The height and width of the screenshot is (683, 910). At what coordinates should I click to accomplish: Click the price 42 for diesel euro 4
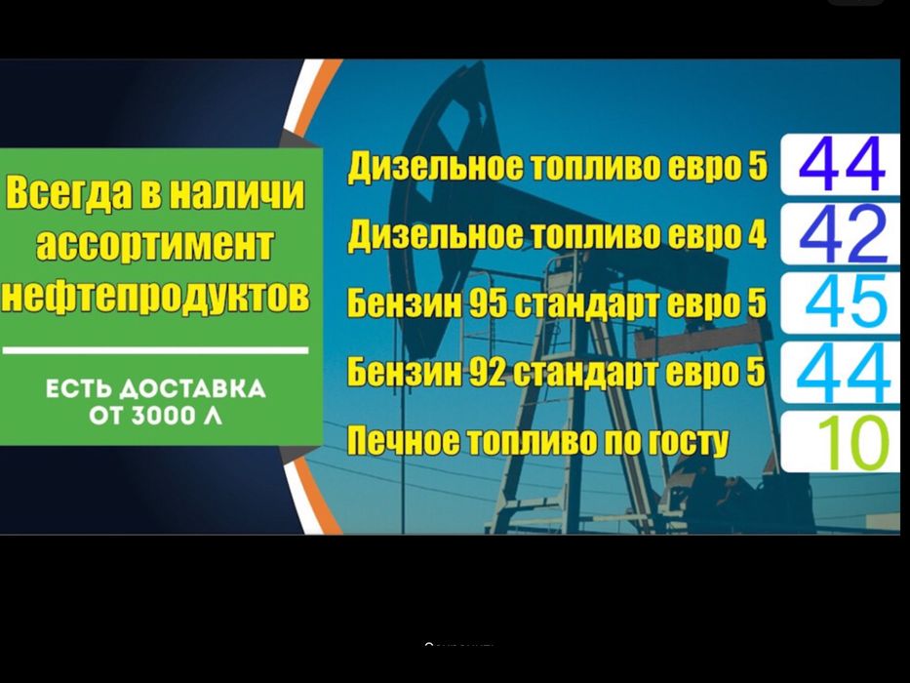[x=842, y=235]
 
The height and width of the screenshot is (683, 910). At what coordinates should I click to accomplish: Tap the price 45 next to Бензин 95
[x=846, y=301]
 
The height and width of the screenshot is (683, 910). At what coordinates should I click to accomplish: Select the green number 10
[x=852, y=442]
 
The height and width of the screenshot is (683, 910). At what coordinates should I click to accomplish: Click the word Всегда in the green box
[x=66, y=193]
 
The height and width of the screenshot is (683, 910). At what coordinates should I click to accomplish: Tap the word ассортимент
[x=155, y=244]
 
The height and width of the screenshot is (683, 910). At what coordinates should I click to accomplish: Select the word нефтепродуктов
[x=155, y=296]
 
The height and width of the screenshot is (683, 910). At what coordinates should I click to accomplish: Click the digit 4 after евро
[x=753, y=235]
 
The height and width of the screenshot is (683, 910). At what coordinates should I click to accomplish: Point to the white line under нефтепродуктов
[x=155, y=348]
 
